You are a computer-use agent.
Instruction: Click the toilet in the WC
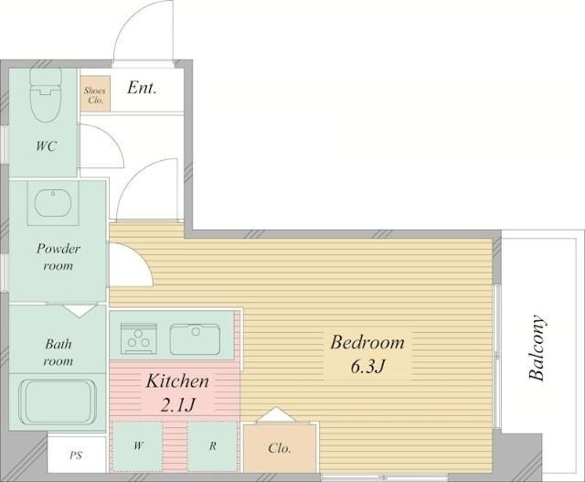point(45,95)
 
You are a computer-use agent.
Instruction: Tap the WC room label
point(47,146)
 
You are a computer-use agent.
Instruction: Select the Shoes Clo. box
point(95,93)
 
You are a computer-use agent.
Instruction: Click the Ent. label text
point(142,88)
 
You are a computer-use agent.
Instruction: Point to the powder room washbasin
point(53,203)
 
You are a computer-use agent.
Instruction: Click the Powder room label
point(58,257)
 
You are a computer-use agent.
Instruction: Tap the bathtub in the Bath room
point(58,402)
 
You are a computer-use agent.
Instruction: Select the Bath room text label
point(58,352)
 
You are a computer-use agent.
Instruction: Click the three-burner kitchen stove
point(138,338)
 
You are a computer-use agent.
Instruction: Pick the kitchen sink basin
point(195,339)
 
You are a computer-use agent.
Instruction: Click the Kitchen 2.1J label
point(177,392)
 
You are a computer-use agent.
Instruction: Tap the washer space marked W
point(138,445)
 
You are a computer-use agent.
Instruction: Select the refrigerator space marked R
point(212,445)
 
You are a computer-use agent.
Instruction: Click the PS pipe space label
point(76,455)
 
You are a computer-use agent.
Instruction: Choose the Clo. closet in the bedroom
point(279,447)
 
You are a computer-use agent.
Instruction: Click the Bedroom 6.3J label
point(367,354)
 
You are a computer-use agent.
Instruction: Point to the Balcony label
point(537,348)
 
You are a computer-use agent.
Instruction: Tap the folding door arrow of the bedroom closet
point(276,415)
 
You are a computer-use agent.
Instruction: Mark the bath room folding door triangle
point(80,311)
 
